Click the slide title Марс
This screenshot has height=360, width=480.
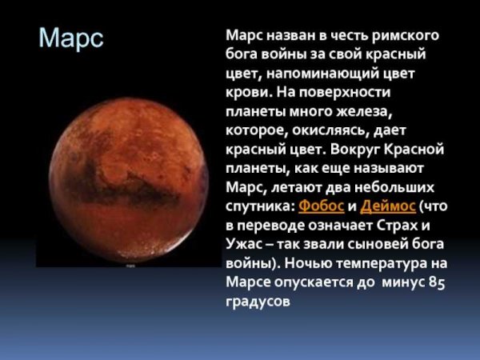[71, 39]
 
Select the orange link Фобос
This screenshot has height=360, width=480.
[321, 206]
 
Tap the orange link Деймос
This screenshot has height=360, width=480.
[388, 206]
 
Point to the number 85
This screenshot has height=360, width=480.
[436, 282]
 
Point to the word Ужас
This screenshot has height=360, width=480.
[245, 244]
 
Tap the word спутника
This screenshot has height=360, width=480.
[259, 206]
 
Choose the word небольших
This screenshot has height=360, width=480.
[399, 186]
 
